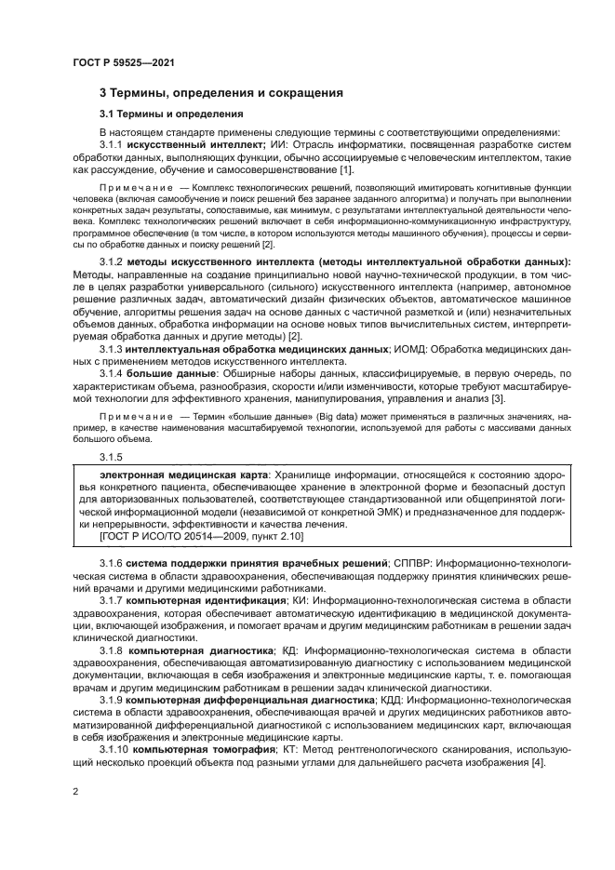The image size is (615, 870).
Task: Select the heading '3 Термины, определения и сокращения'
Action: (x=221, y=93)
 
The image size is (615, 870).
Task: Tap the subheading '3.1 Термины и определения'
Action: (x=171, y=114)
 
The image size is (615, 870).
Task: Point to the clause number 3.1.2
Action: (x=112, y=263)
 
